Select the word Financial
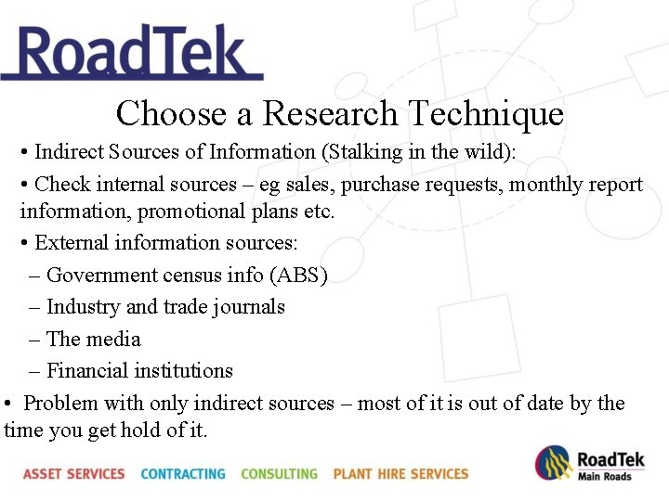click(x=87, y=371)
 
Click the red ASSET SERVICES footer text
click(x=74, y=474)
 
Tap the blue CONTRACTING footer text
click(x=183, y=474)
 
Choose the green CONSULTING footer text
click(x=279, y=474)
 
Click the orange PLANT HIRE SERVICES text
click(x=400, y=474)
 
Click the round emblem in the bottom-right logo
click(x=552, y=463)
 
